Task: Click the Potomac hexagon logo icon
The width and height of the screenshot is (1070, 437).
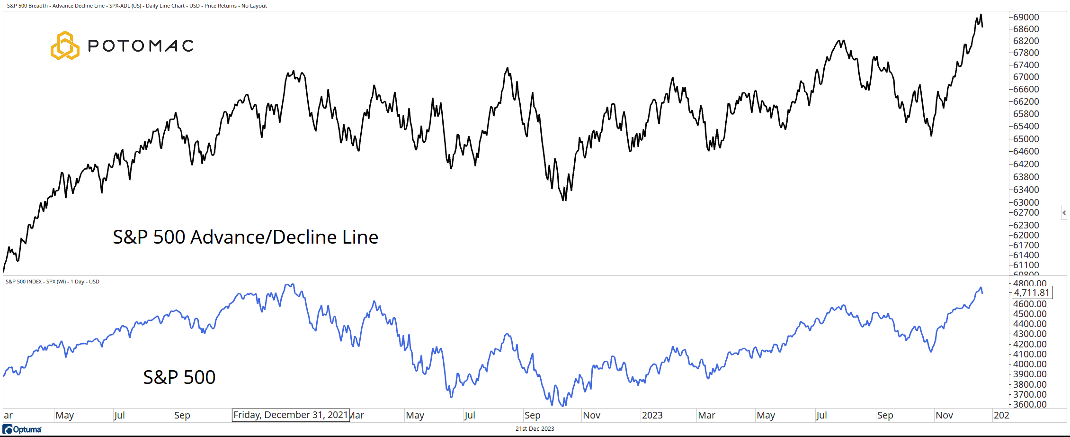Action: (x=65, y=46)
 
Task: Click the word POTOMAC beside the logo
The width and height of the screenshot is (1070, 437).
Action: (x=141, y=46)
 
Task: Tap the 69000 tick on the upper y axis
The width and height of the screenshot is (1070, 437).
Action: (x=1026, y=17)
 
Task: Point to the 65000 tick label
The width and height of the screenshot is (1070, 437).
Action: (x=1026, y=139)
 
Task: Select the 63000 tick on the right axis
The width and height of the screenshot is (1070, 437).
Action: (x=1026, y=202)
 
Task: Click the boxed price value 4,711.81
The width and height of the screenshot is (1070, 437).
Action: (x=1032, y=293)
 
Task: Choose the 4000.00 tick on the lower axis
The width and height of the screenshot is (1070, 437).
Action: (x=1030, y=364)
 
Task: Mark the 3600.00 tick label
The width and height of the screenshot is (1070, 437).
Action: (x=1030, y=404)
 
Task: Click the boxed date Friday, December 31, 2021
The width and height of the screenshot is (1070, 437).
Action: (x=291, y=415)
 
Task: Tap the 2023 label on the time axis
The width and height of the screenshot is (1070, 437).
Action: (x=652, y=415)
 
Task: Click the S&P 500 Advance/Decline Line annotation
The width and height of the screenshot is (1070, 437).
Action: (x=245, y=237)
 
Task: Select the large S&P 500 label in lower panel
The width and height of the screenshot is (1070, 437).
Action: (x=179, y=377)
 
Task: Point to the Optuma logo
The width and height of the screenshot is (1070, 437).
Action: (x=22, y=429)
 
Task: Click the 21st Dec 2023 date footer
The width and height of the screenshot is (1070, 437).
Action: (x=535, y=429)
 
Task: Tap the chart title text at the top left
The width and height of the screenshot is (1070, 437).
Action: (x=137, y=6)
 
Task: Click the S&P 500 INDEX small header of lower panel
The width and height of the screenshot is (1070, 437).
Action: (x=52, y=282)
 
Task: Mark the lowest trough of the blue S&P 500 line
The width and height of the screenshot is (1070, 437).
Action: (x=563, y=406)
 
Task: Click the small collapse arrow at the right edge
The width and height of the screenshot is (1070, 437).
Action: (x=1064, y=213)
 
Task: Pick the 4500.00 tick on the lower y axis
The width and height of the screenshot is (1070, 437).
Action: (x=1030, y=314)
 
